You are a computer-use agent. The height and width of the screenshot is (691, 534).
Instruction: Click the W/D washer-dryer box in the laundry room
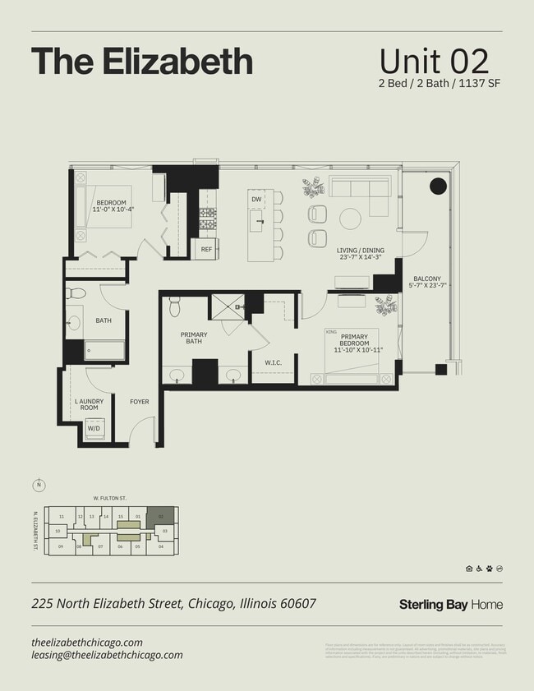point(95,428)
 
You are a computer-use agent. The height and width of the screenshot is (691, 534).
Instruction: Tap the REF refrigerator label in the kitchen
point(206,247)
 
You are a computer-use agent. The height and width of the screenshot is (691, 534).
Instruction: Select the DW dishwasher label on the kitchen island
point(256,200)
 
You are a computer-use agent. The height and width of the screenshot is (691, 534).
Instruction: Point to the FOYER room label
point(140,402)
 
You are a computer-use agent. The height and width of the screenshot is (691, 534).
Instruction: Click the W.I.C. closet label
point(274,362)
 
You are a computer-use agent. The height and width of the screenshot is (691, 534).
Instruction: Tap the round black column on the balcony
point(439,186)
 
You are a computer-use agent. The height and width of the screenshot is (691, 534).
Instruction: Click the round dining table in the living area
point(351,219)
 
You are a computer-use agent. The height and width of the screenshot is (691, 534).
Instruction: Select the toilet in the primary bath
point(174,306)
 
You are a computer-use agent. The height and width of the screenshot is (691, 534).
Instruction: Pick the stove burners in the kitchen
point(208,218)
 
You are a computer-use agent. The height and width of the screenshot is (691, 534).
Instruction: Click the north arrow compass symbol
point(38,484)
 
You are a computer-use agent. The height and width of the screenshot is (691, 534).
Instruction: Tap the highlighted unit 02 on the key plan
point(162,516)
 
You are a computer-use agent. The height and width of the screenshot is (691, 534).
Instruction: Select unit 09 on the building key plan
point(61,546)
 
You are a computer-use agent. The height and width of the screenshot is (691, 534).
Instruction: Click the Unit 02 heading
point(434,62)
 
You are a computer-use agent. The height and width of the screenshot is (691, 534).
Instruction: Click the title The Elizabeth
point(141,62)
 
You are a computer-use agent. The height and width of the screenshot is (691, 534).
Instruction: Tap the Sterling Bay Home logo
point(450,605)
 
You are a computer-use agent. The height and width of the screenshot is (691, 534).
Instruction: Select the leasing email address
point(107,655)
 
